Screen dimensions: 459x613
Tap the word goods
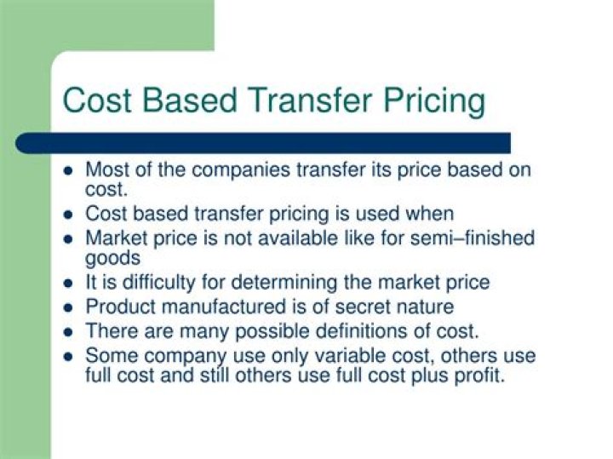coord(113,257)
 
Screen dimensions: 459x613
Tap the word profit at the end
coord(479,374)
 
